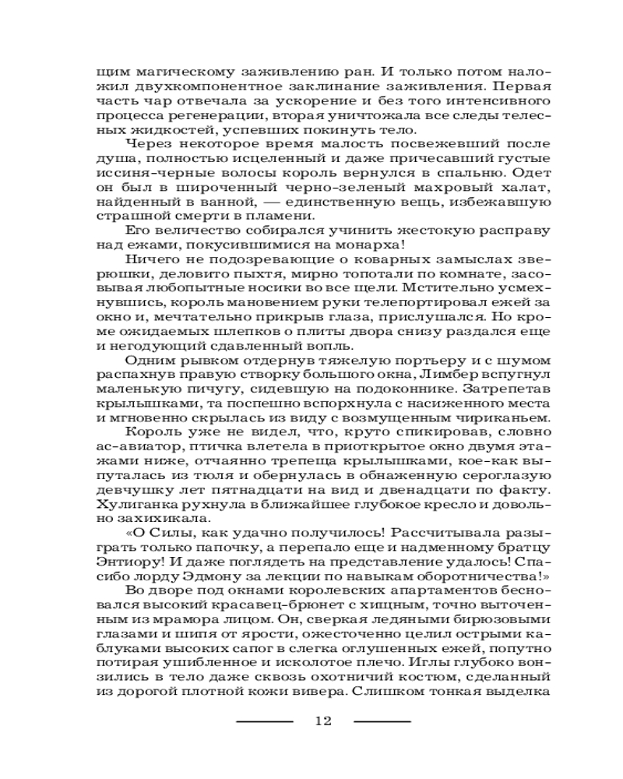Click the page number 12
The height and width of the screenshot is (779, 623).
(x=323, y=720)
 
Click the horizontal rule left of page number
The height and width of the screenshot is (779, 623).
(x=265, y=721)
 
